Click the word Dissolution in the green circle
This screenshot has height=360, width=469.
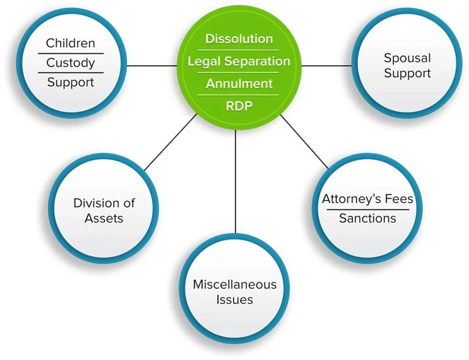click(238, 39)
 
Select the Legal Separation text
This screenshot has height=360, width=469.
click(238, 61)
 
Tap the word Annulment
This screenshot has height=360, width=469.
click(238, 84)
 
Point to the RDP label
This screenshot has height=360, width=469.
click(238, 105)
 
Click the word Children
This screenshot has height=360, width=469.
click(70, 44)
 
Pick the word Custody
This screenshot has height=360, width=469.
click(70, 63)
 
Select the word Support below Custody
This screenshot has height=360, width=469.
click(70, 82)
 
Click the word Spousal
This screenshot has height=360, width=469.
click(407, 58)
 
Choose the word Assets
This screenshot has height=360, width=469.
click(104, 218)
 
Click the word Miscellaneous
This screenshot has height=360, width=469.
click(234, 284)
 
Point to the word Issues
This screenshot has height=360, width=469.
click(234, 299)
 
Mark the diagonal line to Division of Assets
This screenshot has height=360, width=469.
click(170, 141)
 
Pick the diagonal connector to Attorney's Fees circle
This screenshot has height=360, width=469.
click(304, 141)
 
